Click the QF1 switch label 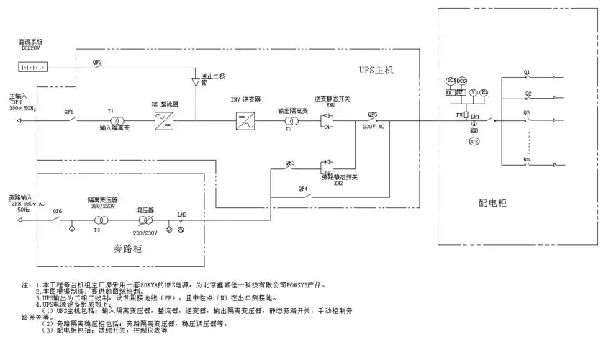pos(69,112)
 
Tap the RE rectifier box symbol pos(165,121)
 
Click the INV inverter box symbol pos(246,121)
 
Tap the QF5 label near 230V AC pos(372,114)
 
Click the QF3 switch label pos(290,163)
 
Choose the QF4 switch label pos(304,189)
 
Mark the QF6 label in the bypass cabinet pos(58,211)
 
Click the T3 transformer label pos(97,230)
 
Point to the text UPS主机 pos(377,70)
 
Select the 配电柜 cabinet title pos(492,204)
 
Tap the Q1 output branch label pos(527,73)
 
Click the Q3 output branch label pos(527,113)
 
